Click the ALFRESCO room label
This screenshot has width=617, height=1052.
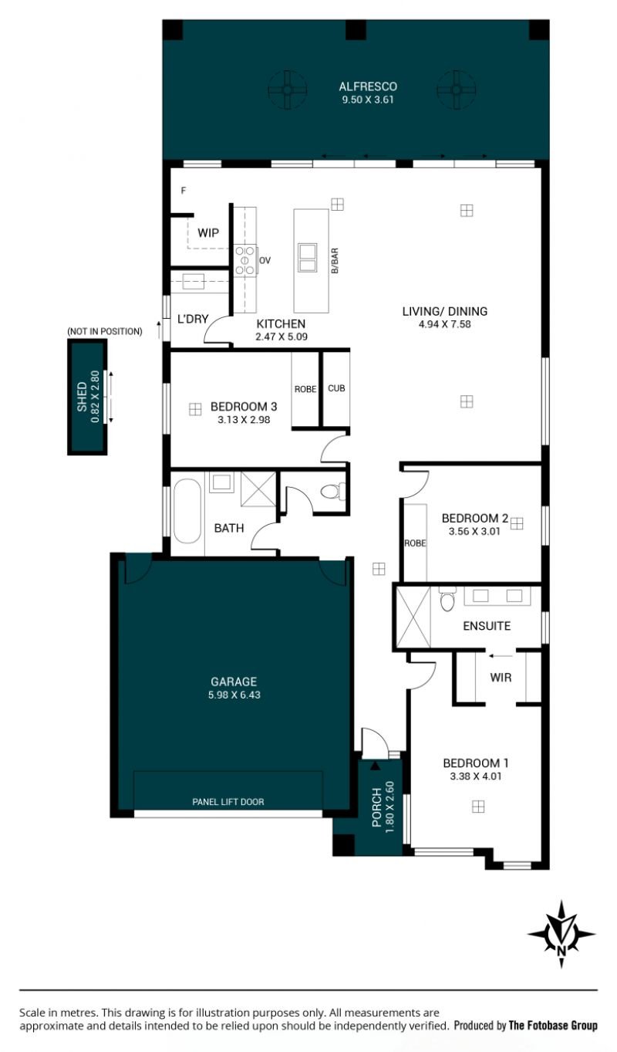[x=368, y=86]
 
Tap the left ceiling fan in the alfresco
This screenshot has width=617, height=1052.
[x=288, y=90]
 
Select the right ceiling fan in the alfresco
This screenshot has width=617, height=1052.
[x=456, y=90]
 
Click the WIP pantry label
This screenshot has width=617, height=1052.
[x=208, y=233]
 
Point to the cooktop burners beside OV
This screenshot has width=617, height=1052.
[x=245, y=260]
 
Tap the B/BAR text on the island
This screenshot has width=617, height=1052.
[x=335, y=261]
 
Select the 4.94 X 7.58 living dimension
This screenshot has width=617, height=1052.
[x=445, y=324]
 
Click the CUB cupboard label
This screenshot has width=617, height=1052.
[x=336, y=388]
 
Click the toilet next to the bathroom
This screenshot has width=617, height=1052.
[x=332, y=492]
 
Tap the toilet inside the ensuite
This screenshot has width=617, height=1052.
[x=447, y=599]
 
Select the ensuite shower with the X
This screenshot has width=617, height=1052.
[x=413, y=617]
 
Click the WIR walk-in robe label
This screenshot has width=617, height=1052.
[x=501, y=677]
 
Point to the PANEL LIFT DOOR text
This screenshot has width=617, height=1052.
[x=228, y=802]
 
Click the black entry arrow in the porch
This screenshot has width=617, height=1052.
[x=375, y=766]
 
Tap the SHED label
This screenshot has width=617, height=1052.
[x=82, y=397]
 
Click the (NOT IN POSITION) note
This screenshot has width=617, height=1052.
[x=105, y=332]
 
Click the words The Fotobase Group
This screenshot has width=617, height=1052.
[x=553, y=1025]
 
